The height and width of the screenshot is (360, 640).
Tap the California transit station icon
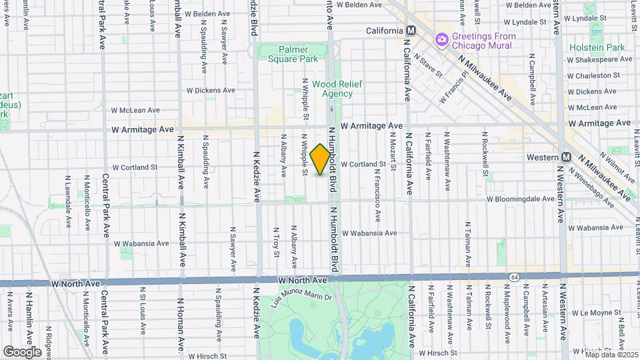411,31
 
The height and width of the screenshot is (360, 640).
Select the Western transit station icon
566,157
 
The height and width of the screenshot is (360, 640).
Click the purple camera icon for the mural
441,41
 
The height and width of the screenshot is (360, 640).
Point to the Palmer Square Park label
289,54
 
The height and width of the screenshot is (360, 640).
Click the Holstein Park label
597,47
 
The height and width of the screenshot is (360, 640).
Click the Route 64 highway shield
514,277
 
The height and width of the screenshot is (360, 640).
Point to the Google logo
22,351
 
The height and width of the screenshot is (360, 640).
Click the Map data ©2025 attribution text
611,354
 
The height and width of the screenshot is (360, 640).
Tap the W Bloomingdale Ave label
520,199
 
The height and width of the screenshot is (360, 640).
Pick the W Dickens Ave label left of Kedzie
211,90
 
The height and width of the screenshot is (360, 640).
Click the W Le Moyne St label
593,312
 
